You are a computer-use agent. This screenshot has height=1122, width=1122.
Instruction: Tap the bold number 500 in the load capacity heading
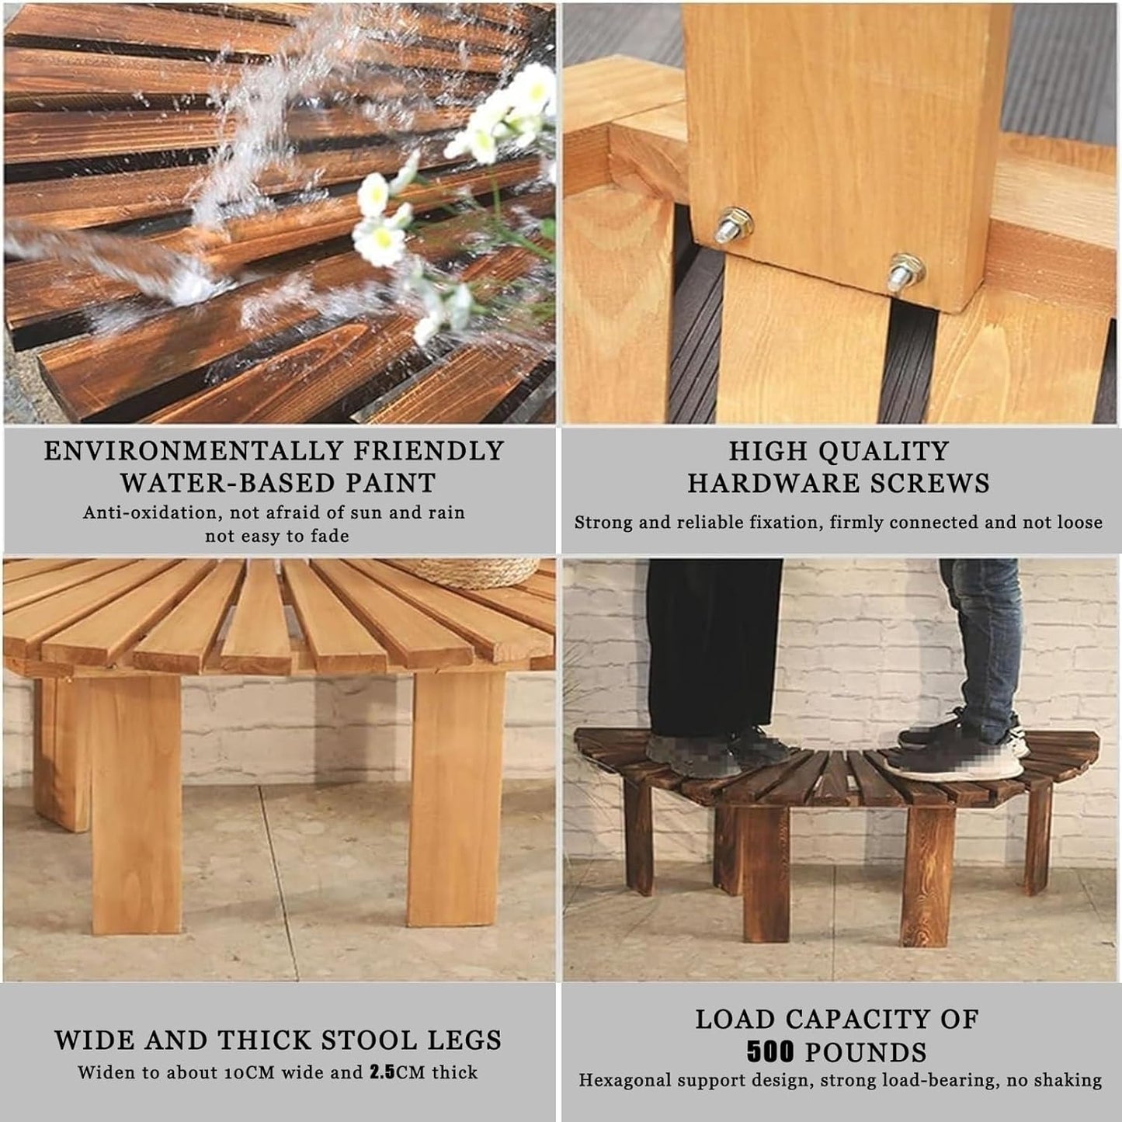pos(770,1052)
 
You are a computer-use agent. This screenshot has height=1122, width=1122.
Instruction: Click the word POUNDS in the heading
pos(866,1052)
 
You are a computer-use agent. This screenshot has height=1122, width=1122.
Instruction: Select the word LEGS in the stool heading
pos(464,1040)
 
